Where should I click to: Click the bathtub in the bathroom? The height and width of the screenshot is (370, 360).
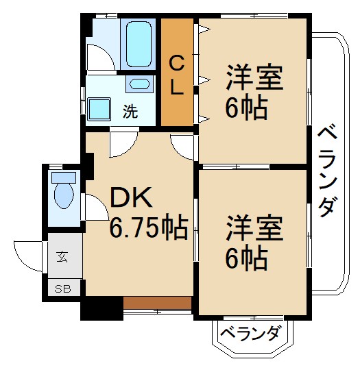(x=140, y=42)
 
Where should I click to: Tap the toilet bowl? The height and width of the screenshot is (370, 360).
(x=64, y=194)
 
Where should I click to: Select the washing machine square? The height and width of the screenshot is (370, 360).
(x=100, y=108)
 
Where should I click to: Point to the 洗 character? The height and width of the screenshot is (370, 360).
(x=130, y=112)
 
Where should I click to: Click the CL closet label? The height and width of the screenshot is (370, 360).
(x=176, y=75)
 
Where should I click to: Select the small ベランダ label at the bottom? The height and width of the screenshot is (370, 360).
(x=250, y=334)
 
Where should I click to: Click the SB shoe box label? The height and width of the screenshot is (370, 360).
(x=62, y=288)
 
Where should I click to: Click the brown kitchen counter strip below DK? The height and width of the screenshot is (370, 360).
(x=157, y=302)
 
